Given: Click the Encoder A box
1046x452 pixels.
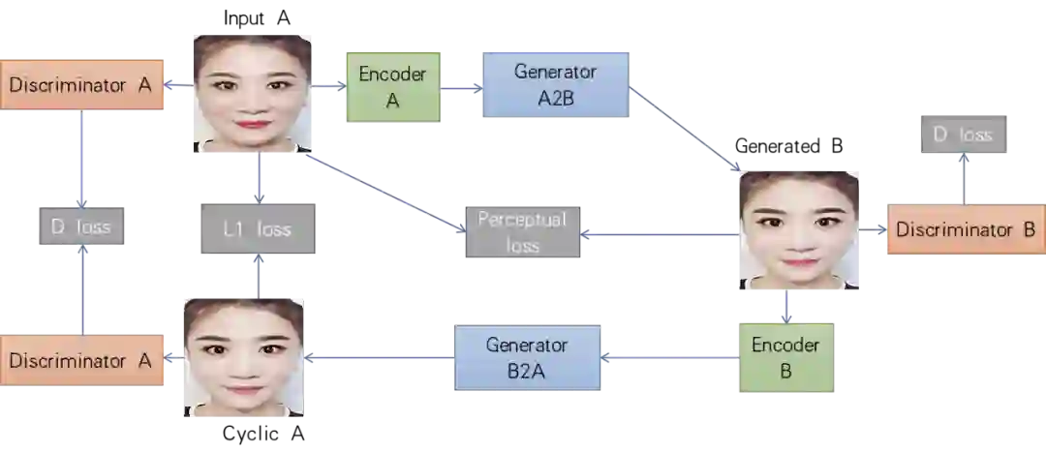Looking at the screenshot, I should point(392,86).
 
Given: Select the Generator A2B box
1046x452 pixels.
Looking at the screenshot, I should point(555,84).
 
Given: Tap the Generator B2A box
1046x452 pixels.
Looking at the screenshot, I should point(527,358).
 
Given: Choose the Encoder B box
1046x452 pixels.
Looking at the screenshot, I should point(785,357).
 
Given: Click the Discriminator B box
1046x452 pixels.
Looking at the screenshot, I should point(965,229).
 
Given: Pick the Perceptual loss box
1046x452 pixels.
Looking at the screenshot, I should point(522,232).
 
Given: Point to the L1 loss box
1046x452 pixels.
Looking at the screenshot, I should point(256,228).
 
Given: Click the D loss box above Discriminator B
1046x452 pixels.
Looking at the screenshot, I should point(962,135).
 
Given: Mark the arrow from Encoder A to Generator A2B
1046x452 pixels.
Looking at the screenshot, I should point(461,88).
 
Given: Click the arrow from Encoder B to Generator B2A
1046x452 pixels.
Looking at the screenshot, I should point(670,359).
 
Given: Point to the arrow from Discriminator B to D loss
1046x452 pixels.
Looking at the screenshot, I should point(963,178).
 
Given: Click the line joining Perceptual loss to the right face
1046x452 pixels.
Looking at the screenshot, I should point(659,234).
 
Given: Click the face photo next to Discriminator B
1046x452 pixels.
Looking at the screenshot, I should point(798,231).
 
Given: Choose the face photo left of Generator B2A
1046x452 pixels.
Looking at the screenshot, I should point(244,355).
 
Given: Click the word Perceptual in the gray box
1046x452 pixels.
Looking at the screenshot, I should point(522,220).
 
